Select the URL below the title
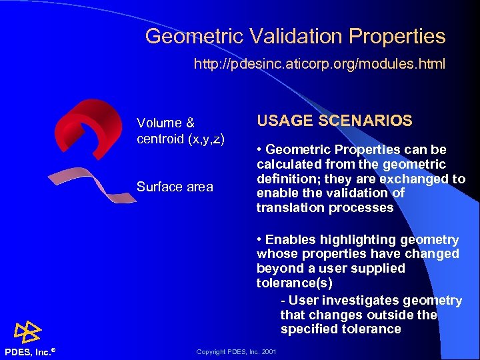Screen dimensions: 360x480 click(319, 65)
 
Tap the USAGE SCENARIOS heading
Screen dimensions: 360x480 click(334, 121)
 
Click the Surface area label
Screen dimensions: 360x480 click(175, 187)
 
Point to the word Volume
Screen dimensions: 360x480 click(159, 123)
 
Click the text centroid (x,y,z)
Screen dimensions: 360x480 click(180, 139)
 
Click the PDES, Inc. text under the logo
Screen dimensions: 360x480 click(30, 351)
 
